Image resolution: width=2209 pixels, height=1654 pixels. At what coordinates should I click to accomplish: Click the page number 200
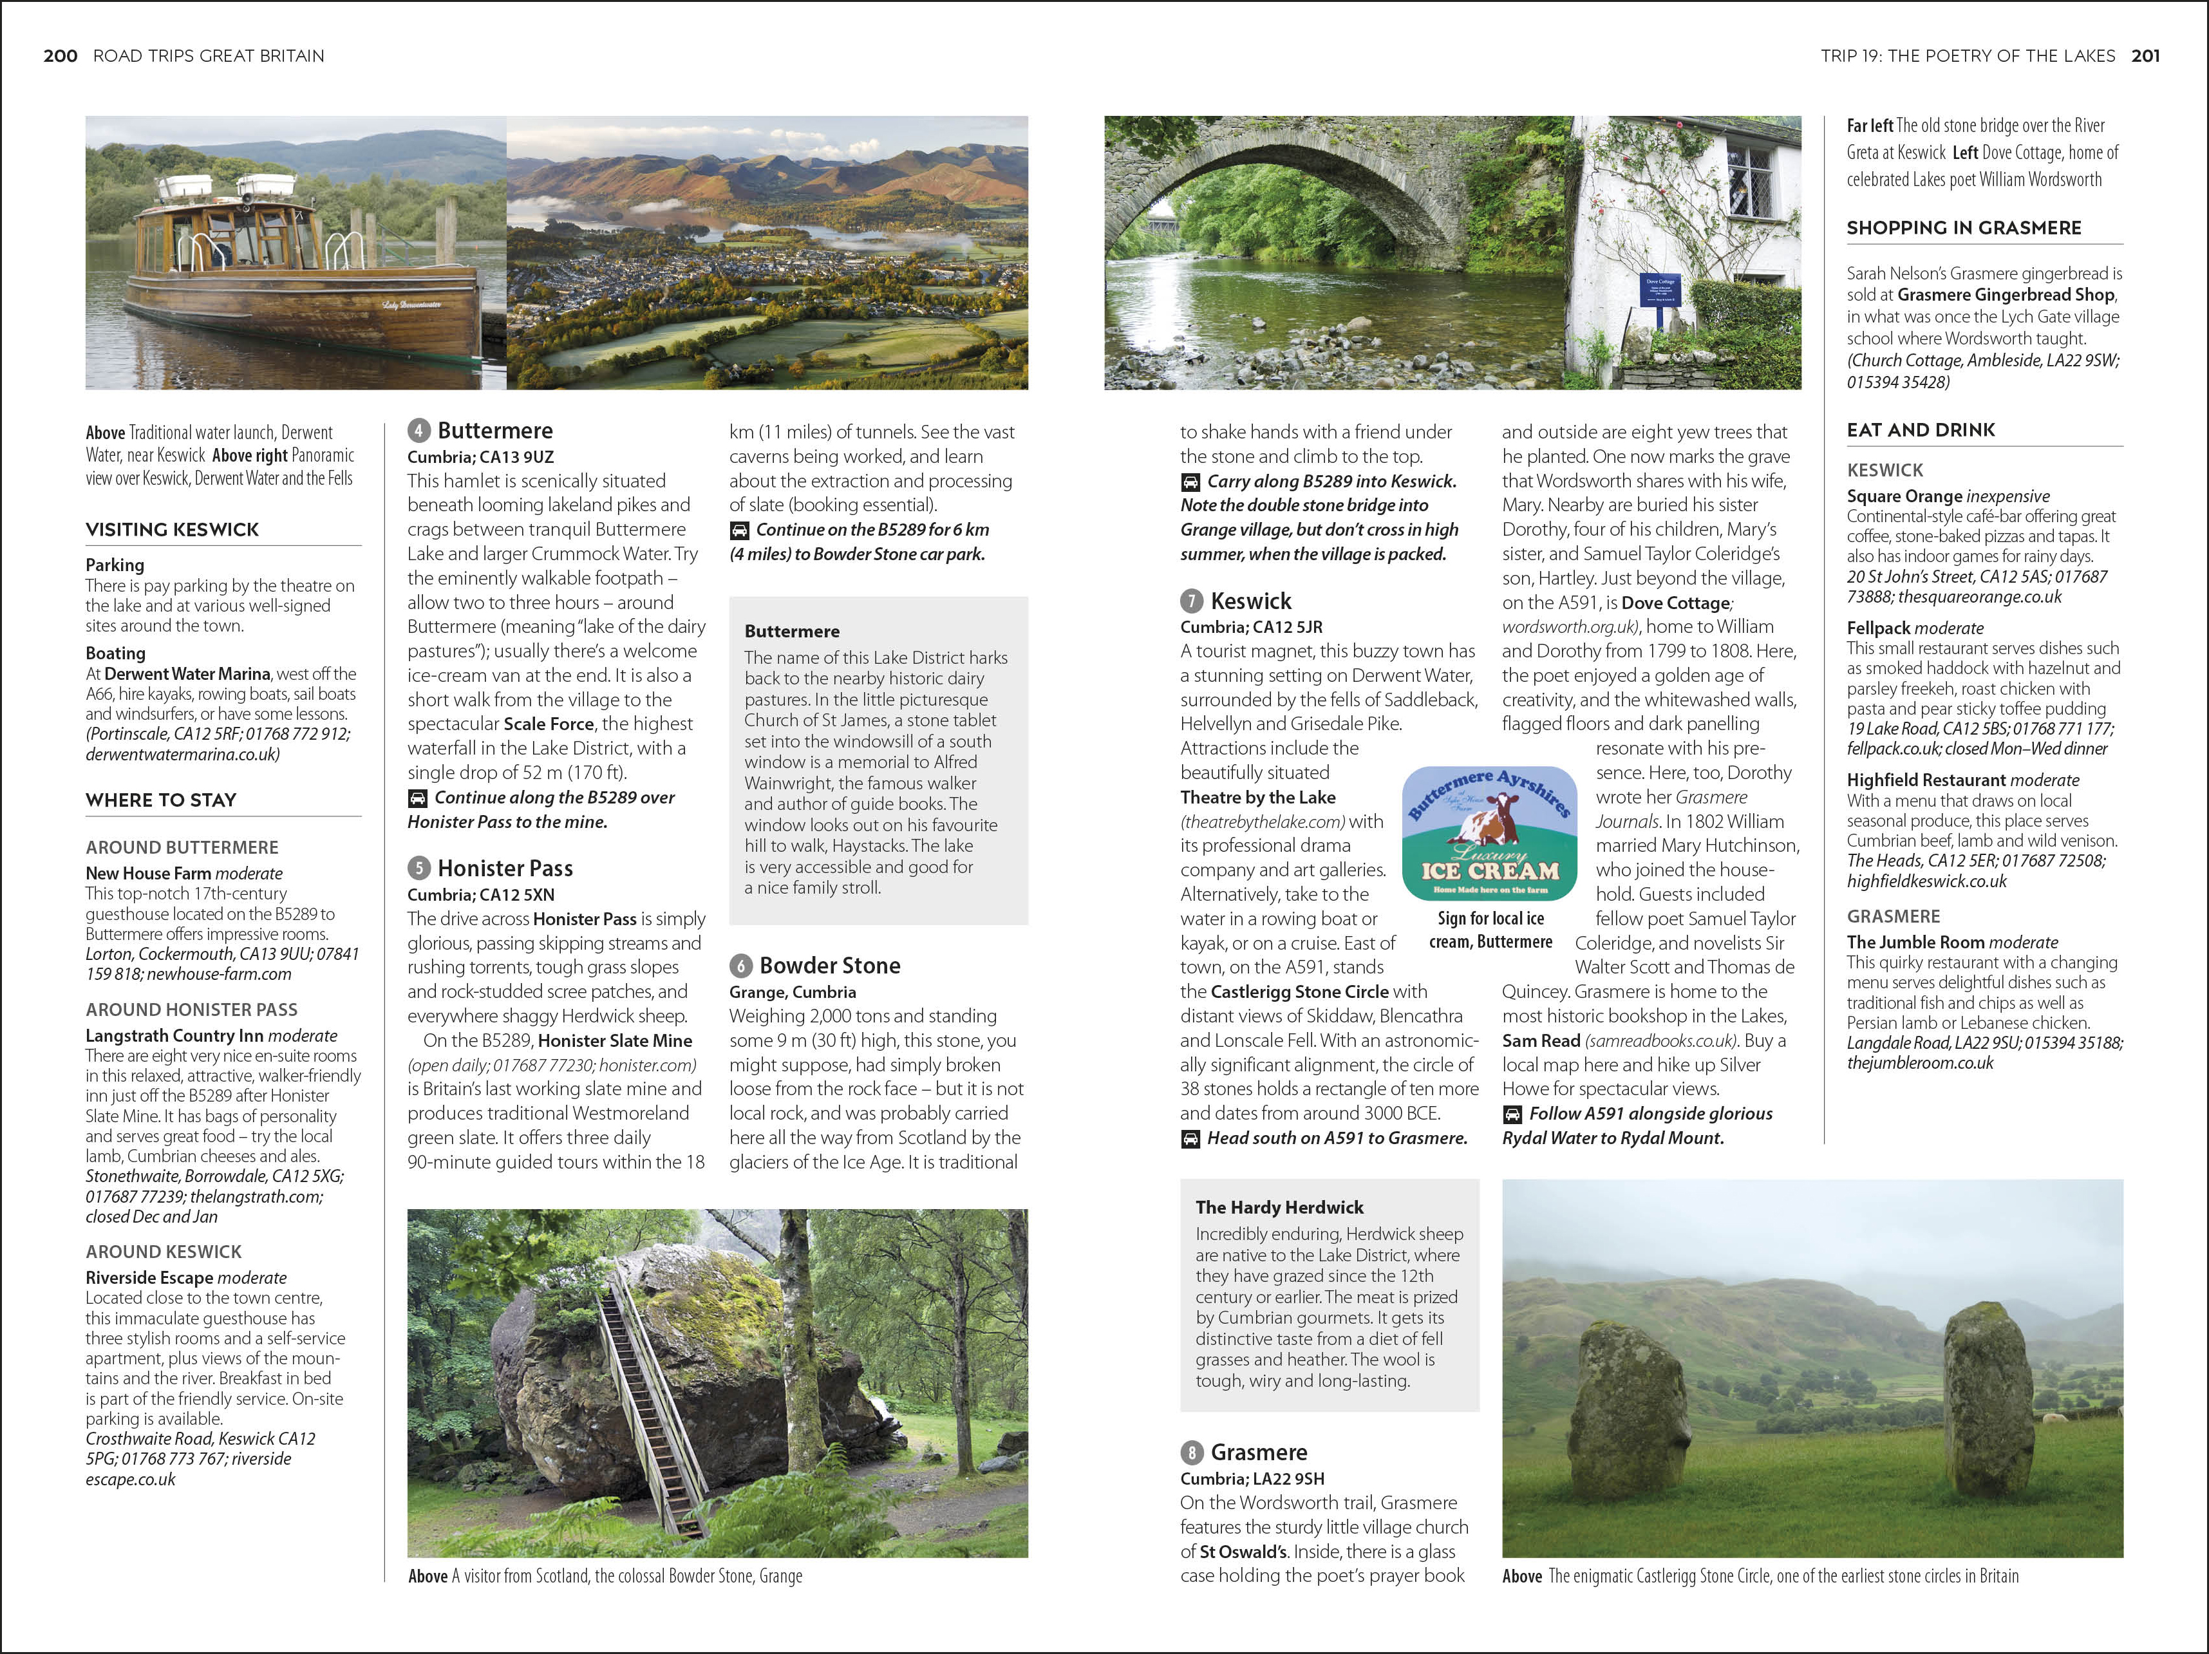point(60,56)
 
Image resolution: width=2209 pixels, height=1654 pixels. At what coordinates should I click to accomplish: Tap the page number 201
point(2145,56)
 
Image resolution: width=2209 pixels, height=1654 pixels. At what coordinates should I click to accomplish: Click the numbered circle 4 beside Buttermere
point(419,431)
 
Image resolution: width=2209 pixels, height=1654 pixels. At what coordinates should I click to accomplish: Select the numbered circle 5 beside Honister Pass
point(419,868)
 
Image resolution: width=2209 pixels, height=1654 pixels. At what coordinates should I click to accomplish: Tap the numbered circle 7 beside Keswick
point(1191,601)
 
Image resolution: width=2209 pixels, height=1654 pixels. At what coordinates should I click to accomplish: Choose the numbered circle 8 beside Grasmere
point(1191,1452)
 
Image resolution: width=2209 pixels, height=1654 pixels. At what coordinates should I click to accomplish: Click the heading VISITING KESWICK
point(172,529)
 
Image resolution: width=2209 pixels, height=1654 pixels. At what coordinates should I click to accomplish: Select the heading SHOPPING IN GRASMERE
point(1963,228)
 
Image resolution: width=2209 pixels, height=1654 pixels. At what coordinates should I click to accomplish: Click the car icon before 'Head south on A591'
point(1190,1139)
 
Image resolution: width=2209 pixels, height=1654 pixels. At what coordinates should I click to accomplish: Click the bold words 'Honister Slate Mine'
point(614,1040)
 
